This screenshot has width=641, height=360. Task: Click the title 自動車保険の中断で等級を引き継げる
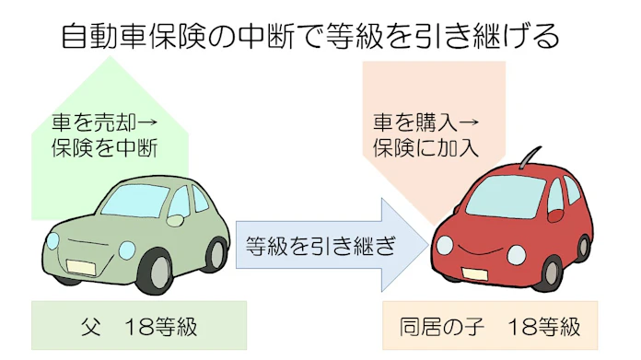click(309, 37)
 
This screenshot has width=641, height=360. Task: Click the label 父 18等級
click(138, 326)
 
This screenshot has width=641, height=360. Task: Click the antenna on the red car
click(529, 157)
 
